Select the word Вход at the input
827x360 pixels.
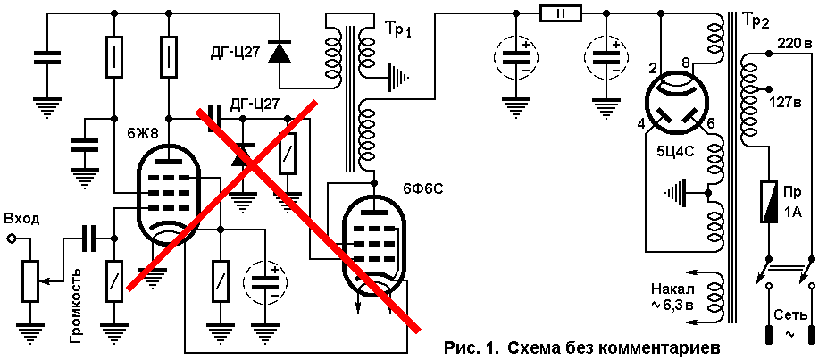(21, 219)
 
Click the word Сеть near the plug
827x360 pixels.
(790, 315)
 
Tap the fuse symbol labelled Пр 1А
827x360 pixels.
(768, 202)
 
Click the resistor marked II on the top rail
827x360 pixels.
(560, 13)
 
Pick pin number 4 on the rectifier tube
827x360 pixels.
(642, 124)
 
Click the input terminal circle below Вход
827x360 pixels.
(10, 239)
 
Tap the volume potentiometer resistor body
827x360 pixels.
(30, 281)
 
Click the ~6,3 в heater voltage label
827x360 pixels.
(672, 306)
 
